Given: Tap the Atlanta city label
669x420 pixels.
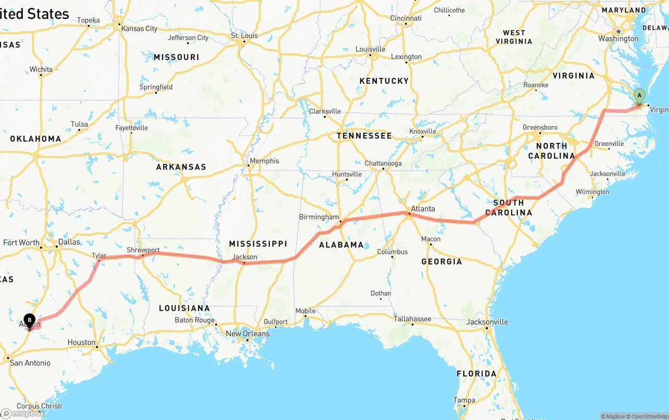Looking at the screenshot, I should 423,209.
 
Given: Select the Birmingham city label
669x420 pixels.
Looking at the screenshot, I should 319,217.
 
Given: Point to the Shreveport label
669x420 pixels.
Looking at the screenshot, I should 143,250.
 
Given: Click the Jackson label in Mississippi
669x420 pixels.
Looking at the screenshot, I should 245,257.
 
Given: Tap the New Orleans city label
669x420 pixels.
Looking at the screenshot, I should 248,334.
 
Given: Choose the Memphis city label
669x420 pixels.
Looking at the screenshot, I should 264,161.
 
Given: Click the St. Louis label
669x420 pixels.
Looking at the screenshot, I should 245,36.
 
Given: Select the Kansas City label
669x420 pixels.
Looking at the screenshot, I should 139,29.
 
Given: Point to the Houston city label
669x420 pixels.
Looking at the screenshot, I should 82,343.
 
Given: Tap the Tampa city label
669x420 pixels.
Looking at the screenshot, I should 464,400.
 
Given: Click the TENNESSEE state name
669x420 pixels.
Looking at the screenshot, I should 364,136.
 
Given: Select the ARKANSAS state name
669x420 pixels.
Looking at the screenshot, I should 181,167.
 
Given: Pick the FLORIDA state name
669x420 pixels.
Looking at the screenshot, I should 477,373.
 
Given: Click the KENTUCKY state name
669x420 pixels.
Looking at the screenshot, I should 384,81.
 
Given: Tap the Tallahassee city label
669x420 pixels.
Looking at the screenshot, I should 412,319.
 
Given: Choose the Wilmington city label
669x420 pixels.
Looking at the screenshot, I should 592,192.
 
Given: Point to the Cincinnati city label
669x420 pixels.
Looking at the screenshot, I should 406,18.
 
